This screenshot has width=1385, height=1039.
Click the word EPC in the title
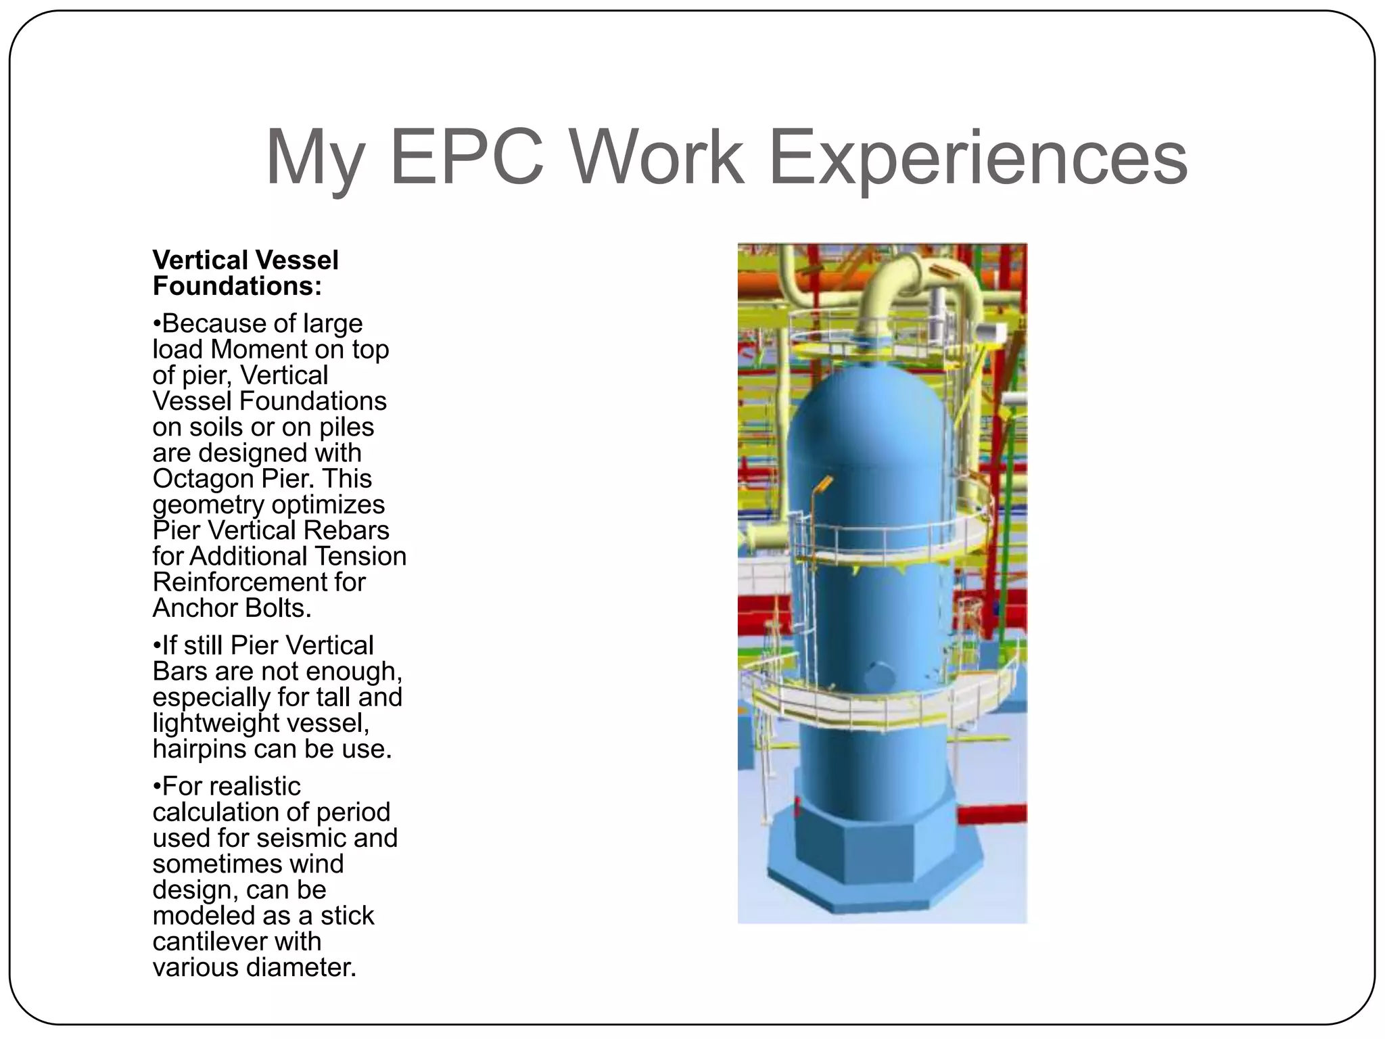467,157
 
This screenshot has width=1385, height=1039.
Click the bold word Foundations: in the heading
237,286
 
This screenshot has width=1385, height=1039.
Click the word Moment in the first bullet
259,350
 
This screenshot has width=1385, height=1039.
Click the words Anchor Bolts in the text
232,608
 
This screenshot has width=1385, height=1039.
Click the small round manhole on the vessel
881,674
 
